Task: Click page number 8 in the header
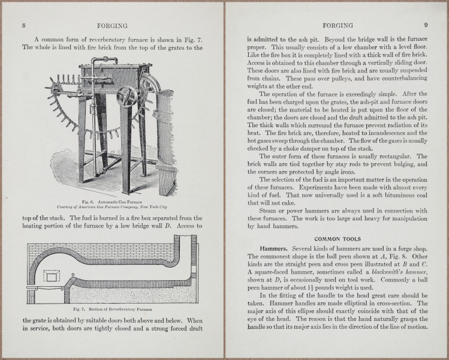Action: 23,25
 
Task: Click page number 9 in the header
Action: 425,25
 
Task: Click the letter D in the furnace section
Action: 73,275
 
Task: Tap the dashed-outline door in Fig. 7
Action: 53,277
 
